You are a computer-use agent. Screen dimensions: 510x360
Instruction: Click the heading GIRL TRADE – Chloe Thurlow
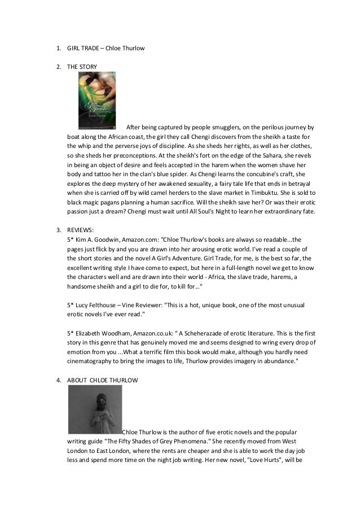coord(106,48)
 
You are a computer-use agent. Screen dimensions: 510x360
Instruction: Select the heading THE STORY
coord(82,67)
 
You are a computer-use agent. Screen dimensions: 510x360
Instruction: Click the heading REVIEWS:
coord(82,230)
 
